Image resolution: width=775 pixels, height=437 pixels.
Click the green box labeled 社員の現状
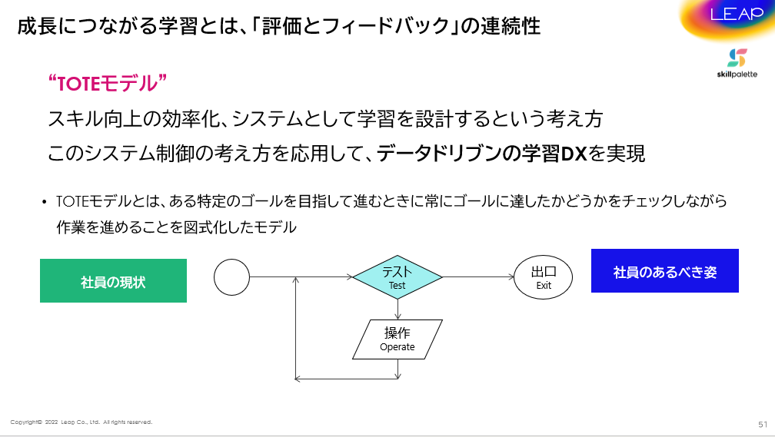113,280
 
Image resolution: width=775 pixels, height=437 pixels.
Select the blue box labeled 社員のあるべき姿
665,270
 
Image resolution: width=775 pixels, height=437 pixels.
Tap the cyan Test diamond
397,277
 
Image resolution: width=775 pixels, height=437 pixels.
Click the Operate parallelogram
397,339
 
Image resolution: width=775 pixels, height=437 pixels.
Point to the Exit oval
543,277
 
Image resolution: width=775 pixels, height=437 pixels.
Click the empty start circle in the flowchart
232,277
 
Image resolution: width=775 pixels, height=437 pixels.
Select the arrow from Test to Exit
478,277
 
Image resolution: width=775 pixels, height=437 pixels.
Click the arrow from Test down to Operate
398,309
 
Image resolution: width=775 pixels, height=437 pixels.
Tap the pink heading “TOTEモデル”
108,83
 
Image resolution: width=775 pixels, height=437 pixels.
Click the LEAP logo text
737,14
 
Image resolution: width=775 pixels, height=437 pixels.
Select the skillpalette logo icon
737,58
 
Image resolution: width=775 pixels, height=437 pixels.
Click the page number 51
763,424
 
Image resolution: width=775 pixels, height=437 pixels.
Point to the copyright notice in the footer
81,422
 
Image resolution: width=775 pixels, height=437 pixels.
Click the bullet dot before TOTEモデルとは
45,202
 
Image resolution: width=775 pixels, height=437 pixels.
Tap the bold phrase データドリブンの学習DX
481,154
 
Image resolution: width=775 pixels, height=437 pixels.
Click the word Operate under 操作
397,346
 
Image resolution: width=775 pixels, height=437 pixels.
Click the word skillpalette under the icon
737,74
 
